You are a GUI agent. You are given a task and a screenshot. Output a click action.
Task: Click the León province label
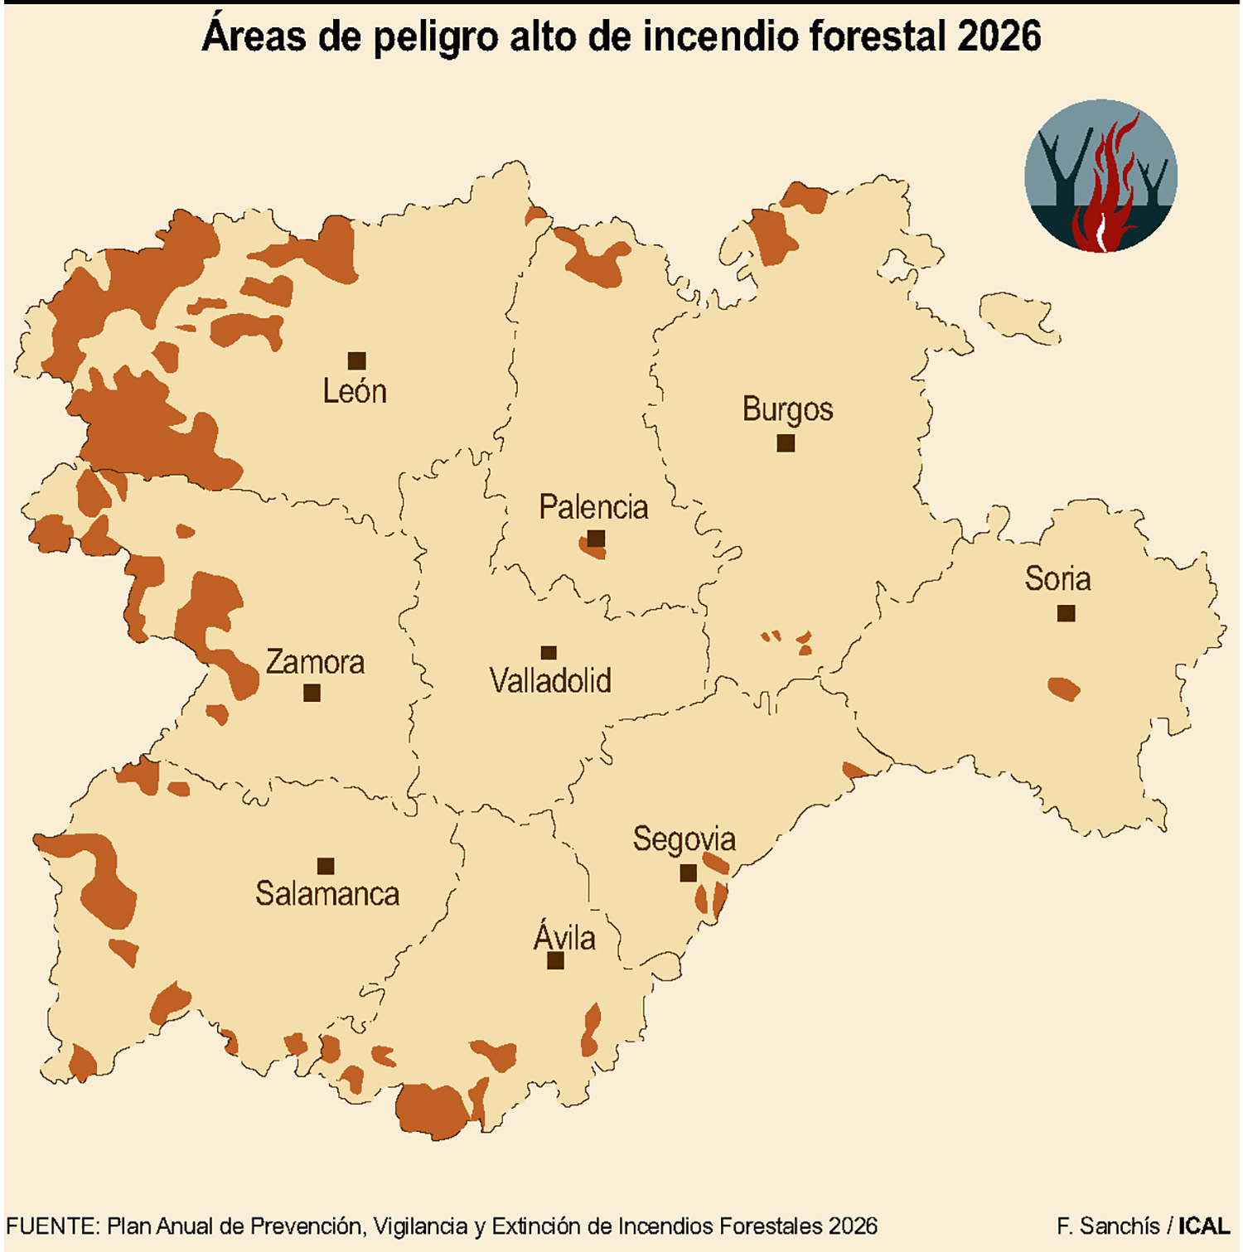click(355, 391)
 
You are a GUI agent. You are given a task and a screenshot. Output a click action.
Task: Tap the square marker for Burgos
click(786, 443)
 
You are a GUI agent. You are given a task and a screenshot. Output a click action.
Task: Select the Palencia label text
click(593, 507)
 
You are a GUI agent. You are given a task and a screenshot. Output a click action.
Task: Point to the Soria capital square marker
click(1066, 613)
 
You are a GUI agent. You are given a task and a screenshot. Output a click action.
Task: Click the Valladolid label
click(550, 681)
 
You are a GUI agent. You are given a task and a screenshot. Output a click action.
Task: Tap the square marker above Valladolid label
click(548, 653)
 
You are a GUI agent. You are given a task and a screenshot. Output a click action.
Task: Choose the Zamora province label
click(315, 662)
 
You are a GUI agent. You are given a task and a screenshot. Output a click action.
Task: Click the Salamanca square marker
click(326, 866)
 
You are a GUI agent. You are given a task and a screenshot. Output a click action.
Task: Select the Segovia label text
click(684, 839)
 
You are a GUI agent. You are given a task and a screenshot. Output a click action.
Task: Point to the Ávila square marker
click(555, 960)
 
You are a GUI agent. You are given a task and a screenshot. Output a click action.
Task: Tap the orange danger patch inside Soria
click(1063, 689)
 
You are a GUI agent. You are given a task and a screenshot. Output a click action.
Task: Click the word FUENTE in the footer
click(52, 1226)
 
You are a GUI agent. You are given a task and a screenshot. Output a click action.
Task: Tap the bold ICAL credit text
click(1204, 1226)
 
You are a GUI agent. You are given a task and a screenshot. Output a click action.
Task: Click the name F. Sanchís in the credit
click(1108, 1226)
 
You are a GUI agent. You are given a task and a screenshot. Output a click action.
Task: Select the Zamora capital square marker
click(312, 693)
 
